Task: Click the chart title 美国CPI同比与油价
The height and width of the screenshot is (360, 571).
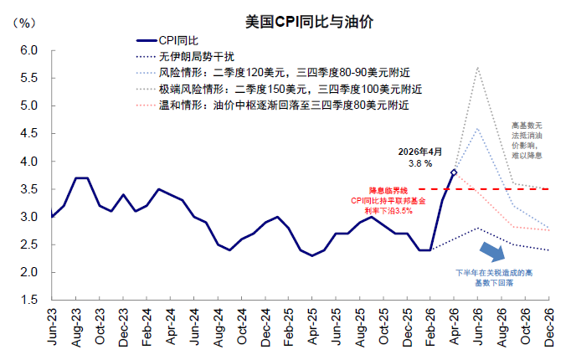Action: [309, 22]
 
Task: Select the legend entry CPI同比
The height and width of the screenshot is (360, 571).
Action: [167, 40]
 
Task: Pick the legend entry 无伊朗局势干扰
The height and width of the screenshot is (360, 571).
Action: [185, 56]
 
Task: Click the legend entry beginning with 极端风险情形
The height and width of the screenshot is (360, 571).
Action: [279, 89]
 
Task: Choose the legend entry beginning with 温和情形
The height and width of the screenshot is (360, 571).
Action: [272, 105]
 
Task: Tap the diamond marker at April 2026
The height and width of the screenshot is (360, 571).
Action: [454, 172]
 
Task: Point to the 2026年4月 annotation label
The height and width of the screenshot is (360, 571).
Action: [419, 152]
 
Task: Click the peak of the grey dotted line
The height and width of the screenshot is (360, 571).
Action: [477, 67]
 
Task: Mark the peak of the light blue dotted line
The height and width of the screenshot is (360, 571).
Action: [477, 128]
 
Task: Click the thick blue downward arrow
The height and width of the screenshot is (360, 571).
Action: [492, 251]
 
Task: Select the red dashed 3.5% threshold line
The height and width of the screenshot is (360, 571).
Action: [484, 189]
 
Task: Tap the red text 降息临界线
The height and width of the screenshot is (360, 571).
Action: [388, 190]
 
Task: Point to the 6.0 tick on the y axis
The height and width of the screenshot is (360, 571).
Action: [29, 50]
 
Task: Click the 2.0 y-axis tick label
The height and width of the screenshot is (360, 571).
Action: [29, 272]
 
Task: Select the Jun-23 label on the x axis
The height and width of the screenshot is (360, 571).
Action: [52, 327]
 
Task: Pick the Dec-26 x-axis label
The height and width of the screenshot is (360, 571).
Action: [548, 327]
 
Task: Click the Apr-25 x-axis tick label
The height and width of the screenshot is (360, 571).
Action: [312, 327]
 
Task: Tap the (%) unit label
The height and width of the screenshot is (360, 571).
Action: [24, 23]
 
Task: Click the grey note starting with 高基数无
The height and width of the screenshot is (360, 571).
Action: [527, 141]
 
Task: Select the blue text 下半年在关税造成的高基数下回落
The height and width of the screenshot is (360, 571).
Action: [494, 278]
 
